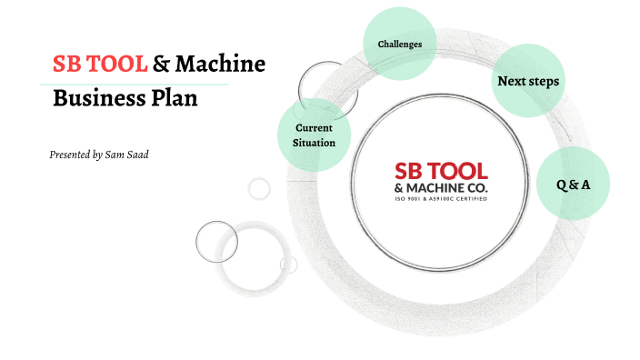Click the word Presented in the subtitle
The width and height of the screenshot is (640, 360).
tap(70, 155)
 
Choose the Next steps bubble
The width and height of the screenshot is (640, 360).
tap(527, 82)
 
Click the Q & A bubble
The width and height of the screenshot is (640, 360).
tap(573, 185)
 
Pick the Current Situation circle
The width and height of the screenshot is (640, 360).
tap(314, 135)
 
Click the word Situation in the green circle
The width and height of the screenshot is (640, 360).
tap(314, 143)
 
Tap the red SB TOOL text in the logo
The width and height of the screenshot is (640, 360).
tap(440, 171)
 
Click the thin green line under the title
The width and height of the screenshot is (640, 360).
tap(136, 84)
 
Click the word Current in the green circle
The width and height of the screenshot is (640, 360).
tap(314, 128)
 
